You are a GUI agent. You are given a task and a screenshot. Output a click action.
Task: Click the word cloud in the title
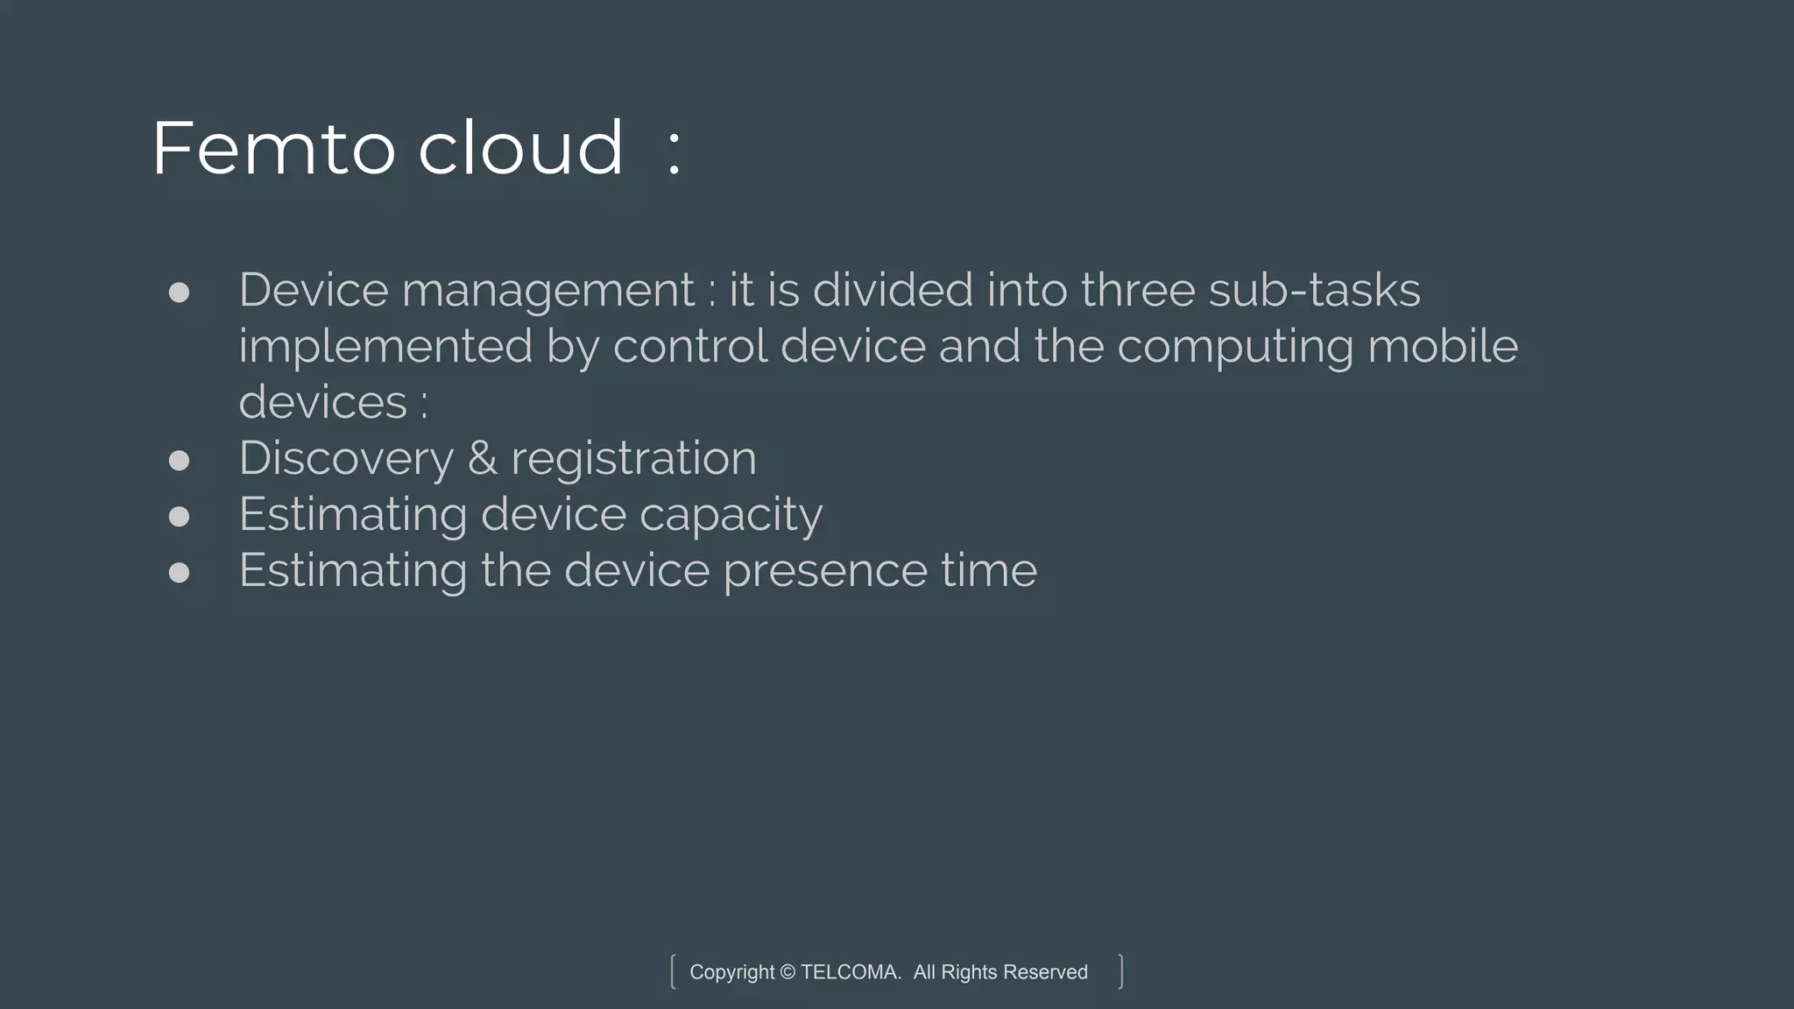[x=520, y=149]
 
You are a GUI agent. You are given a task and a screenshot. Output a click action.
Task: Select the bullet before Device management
[x=179, y=293]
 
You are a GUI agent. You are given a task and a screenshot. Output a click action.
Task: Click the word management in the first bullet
[x=548, y=292]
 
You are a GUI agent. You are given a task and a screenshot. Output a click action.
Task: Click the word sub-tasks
[x=1314, y=290]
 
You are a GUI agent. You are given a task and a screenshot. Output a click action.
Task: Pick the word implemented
[x=385, y=347]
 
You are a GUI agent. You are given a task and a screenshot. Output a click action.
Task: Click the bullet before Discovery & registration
[x=179, y=461]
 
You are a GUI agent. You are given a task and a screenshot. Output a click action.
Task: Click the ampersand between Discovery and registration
[x=482, y=459]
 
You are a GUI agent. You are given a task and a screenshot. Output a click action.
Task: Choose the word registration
[x=633, y=459]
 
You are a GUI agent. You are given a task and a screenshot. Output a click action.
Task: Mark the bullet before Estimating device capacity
[x=179, y=517]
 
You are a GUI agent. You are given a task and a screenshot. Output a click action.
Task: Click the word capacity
[x=731, y=516]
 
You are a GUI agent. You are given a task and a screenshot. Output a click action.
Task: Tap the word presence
[x=825, y=572]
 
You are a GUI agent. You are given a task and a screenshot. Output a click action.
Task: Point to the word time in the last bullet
[x=989, y=570]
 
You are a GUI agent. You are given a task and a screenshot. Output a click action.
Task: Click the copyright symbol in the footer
[x=788, y=972]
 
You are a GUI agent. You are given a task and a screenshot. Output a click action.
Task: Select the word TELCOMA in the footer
[x=851, y=972]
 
